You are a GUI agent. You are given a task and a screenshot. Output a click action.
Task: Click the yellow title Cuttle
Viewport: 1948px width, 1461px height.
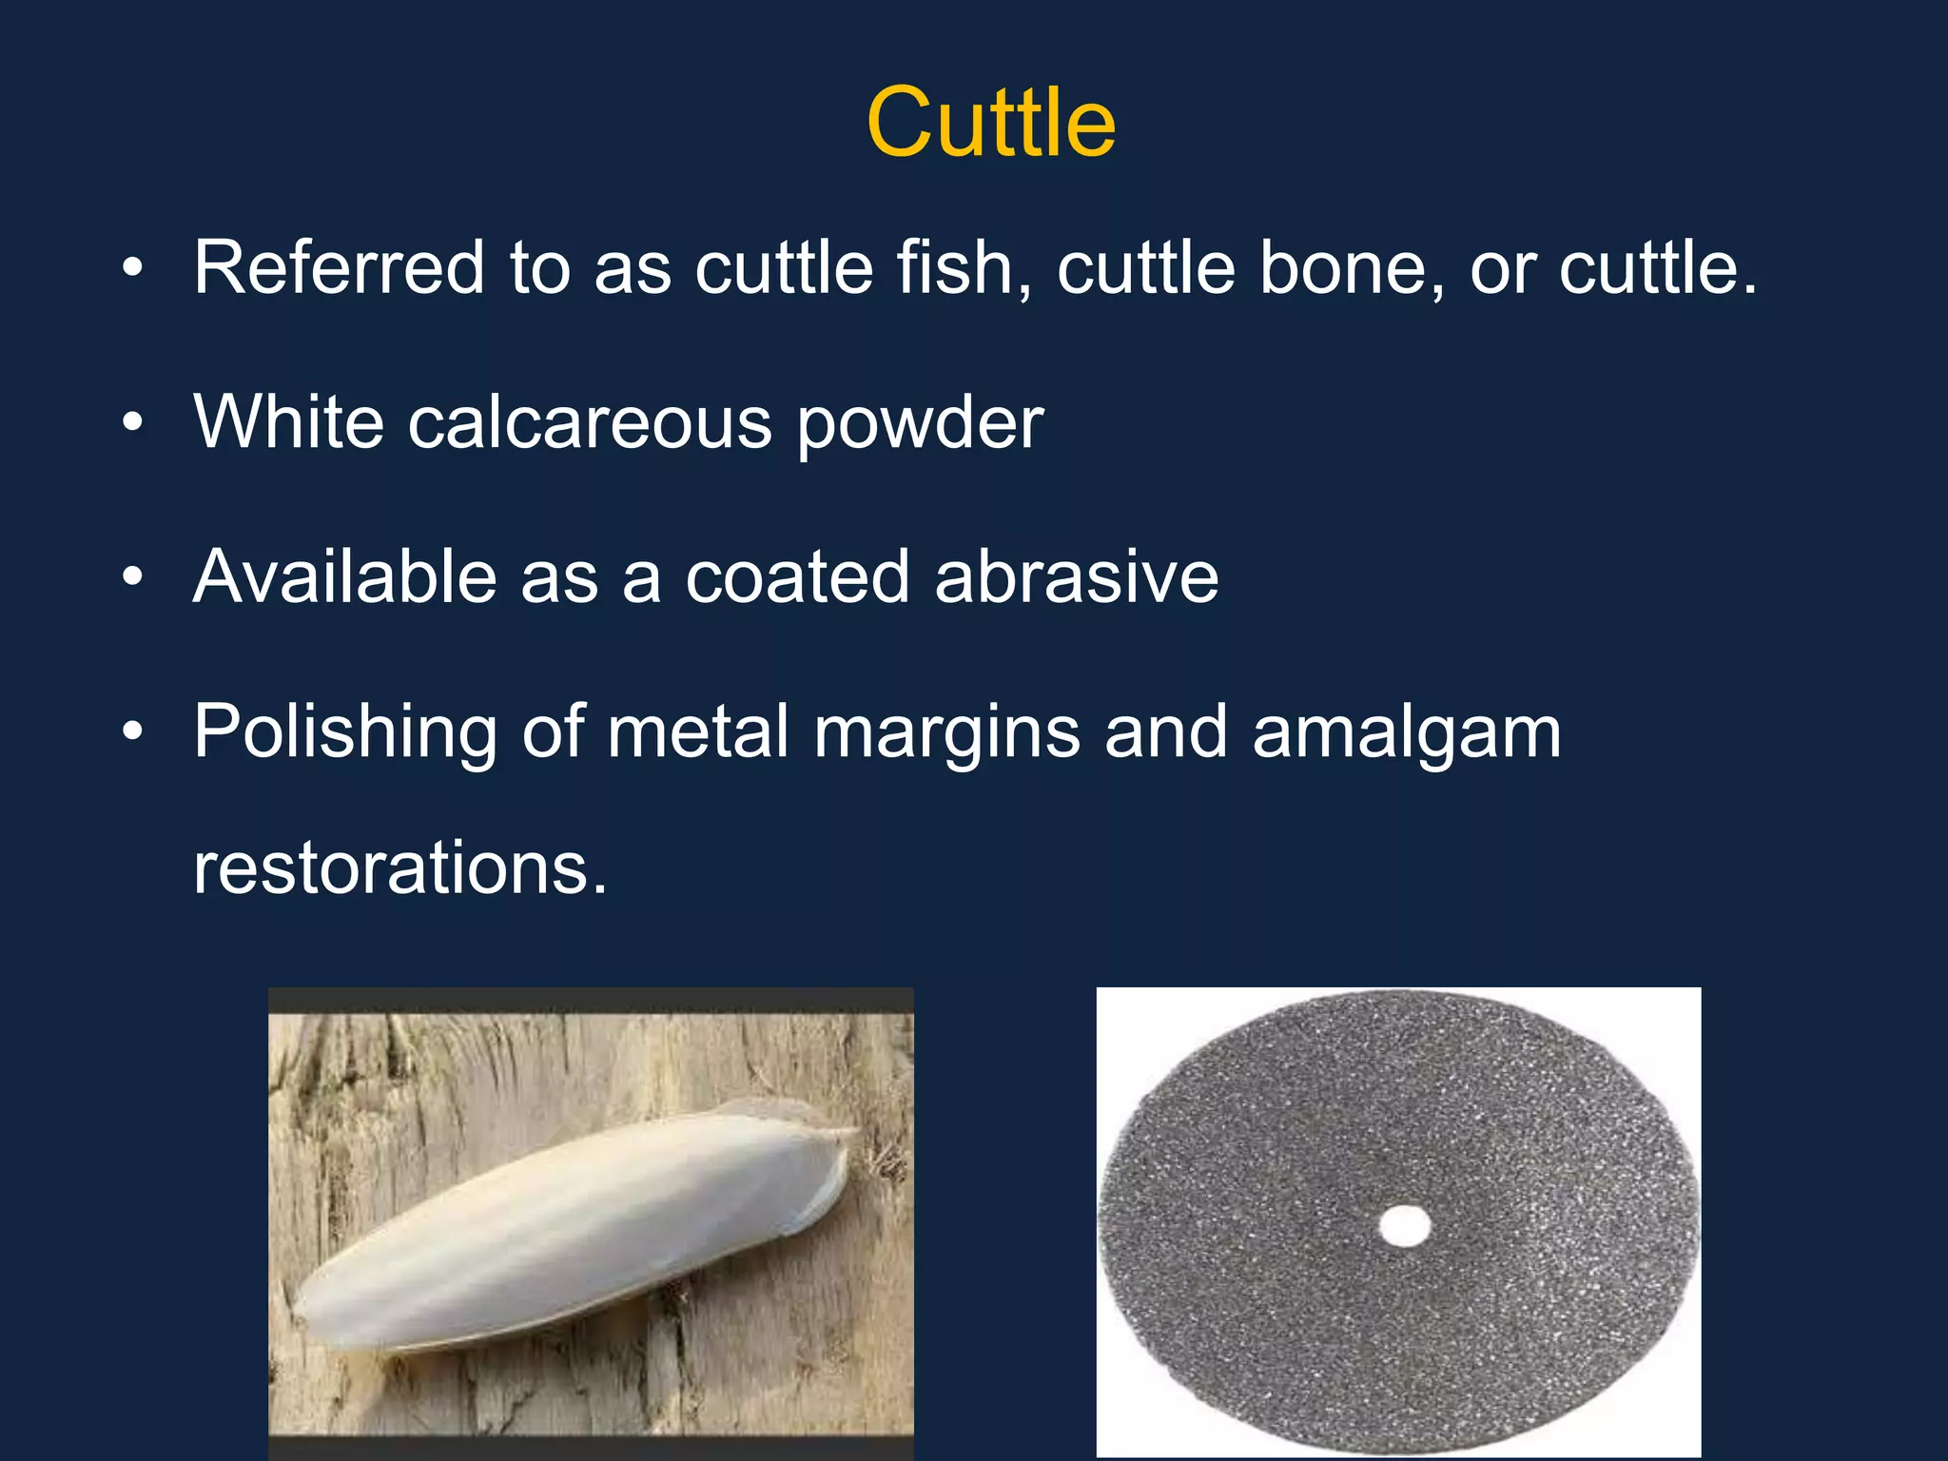pos(990,123)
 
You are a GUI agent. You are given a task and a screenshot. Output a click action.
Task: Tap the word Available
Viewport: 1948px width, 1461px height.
pos(344,576)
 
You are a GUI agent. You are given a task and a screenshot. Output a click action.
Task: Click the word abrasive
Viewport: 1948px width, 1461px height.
pos(1077,576)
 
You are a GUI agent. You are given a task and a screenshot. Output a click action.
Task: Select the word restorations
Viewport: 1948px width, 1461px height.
pos(399,867)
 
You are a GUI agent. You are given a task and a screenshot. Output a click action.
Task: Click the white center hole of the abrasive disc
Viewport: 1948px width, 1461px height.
pos(1404,1226)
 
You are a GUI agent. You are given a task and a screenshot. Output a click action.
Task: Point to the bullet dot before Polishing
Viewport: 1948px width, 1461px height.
pos(133,731)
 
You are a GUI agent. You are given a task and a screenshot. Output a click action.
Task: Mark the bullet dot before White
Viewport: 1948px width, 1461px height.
pos(133,421)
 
